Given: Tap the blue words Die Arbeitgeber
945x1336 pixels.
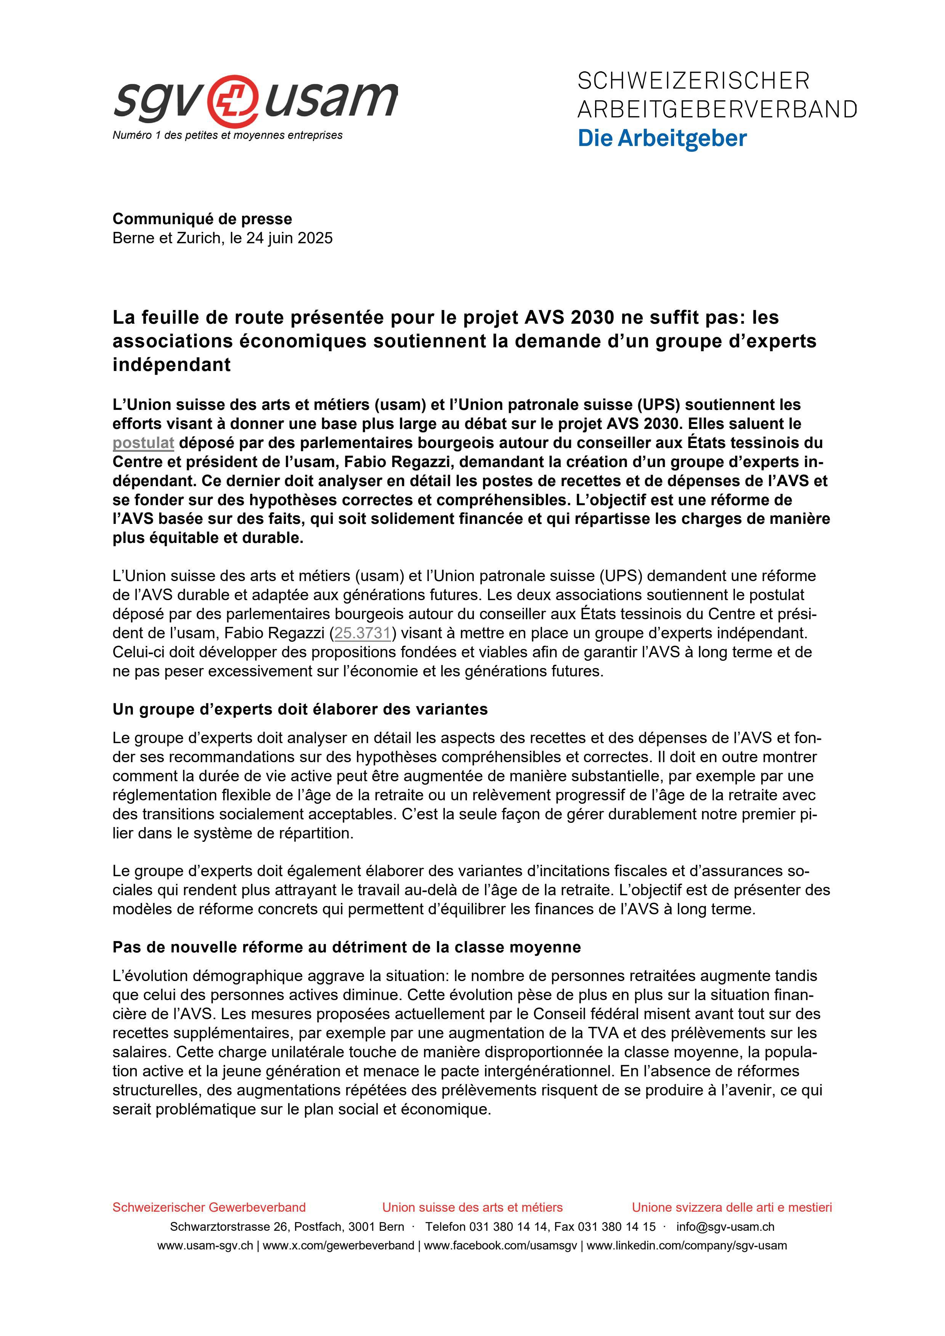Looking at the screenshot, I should (662, 138).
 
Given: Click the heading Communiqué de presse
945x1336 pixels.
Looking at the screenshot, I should (202, 219).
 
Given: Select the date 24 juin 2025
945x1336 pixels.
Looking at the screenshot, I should (289, 238).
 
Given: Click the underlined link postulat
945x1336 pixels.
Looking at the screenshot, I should (143, 443).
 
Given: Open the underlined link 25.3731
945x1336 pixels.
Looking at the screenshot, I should (362, 633).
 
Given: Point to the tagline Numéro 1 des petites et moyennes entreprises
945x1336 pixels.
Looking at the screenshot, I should (228, 135).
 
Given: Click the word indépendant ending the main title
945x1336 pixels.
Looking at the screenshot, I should (172, 365).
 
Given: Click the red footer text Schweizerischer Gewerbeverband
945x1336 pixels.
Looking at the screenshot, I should (209, 1208).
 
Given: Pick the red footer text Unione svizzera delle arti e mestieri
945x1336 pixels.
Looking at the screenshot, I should (732, 1208).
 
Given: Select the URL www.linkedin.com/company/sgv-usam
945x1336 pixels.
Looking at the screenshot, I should (686, 1246).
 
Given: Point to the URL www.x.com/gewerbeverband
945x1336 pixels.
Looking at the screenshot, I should (338, 1246).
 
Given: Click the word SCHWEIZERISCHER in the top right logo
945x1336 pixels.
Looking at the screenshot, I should (693, 81).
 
